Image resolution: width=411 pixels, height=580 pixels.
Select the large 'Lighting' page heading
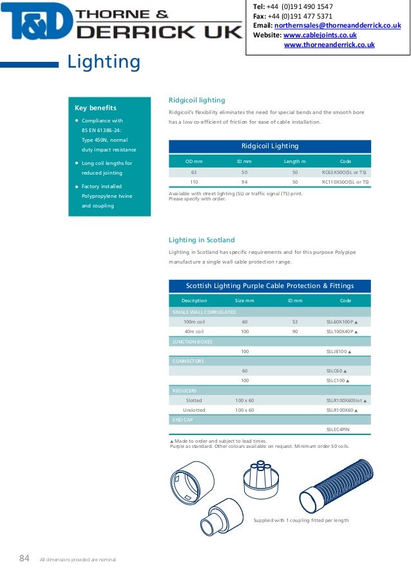click(x=104, y=63)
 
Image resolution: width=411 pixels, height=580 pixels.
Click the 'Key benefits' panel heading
click(x=95, y=108)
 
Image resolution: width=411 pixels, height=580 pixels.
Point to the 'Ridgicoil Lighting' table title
click(x=270, y=146)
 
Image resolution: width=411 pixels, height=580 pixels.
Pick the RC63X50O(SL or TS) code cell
click(x=345, y=173)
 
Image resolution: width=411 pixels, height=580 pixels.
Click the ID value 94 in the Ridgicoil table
click(x=244, y=182)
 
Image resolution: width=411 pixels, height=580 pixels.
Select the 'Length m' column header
click(x=295, y=160)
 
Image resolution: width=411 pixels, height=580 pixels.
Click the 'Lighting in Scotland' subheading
click(x=202, y=240)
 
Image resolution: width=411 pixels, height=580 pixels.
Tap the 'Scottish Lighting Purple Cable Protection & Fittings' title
click(x=270, y=285)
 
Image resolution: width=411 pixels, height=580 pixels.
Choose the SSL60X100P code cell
click(x=341, y=322)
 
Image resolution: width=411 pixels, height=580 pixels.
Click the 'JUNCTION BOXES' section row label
click(x=192, y=342)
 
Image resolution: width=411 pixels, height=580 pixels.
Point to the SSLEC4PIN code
click(x=338, y=429)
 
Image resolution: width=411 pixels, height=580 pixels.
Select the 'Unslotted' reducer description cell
click(x=194, y=409)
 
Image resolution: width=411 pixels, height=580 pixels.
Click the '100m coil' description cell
click(x=194, y=322)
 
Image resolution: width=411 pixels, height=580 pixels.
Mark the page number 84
click(x=24, y=559)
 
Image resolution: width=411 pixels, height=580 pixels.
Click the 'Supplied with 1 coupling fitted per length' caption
click(x=301, y=520)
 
